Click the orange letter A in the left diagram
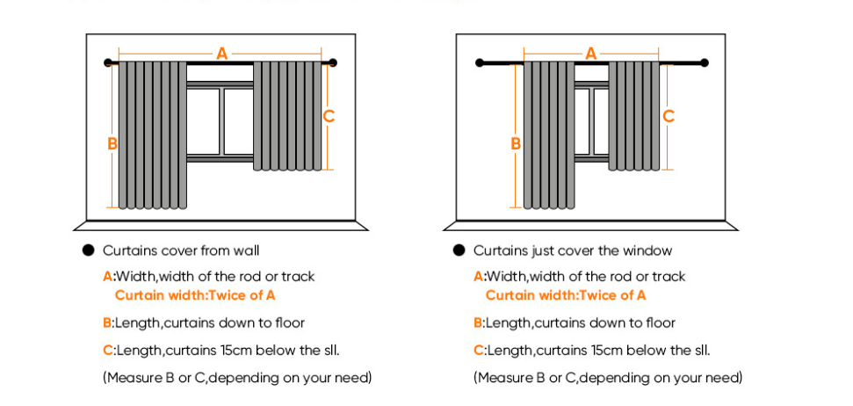(222, 54)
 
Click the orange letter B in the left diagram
(112, 143)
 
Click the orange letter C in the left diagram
(329, 115)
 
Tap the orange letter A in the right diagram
(591, 54)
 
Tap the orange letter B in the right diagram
(516, 143)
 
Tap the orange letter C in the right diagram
(668, 115)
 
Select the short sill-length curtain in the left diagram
(288, 115)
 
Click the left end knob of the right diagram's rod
(480, 62)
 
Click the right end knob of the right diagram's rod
(704, 62)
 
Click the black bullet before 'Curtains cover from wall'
(88, 250)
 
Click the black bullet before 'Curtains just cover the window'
(459, 250)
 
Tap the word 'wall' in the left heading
(248, 250)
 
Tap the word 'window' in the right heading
(650, 250)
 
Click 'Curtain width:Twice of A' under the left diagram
(195, 295)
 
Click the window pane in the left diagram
(237, 120)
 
